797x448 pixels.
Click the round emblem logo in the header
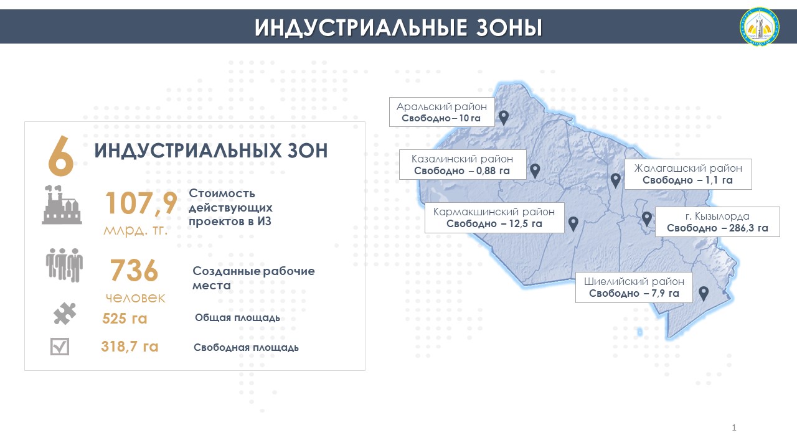pyautogui.click(x=759, y=26)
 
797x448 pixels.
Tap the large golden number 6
pyautogui.click(x=61, y=156)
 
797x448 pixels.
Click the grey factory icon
pyautogui.click(x=62, y=205)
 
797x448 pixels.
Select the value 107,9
pyautogui.click(x=141, y=203)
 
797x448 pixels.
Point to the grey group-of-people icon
pyautogui.click(x=64, y=265)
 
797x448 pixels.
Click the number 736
pyautogui.click(x=134, y=271)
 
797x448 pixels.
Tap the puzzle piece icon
pyautogui.click(x=64, y=314)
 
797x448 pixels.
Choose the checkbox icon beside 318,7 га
pyautogui.click(x=60, y=347)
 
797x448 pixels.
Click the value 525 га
pyautogui.click(x=125, y=319)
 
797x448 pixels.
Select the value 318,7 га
pyautogui.click(x=130, y=347)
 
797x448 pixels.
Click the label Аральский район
pyautogui.click(x=441, y=106)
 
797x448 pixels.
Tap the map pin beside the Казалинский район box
pyautogui.click(x=535, y=171)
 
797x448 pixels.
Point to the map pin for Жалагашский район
pyautogui.click(x=616, y=181)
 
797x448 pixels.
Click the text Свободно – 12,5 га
pyautogui.click(x=494, y=223)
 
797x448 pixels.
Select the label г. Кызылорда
pyautogui.click(x=717, y=216)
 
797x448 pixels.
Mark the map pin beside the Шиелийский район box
pyautogui.click(x=704, y=294)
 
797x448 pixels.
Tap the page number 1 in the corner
pyautogui.click(x=733, y=427)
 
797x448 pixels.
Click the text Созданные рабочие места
pyautogui.click(x=253, y=278)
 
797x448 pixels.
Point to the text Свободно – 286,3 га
pyautogui.click(x=717, y=228)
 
